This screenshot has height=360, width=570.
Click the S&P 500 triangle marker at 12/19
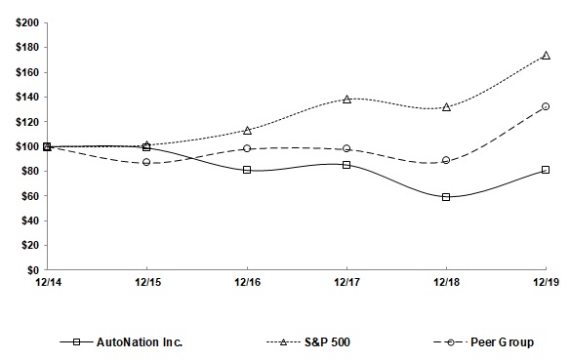click(546, 56)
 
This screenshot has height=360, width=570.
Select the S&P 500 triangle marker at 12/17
click(346, 100)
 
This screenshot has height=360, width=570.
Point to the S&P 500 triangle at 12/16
click(247, 130)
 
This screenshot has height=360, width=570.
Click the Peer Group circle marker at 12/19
click(546, 106)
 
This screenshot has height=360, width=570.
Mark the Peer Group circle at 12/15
click(147, 162)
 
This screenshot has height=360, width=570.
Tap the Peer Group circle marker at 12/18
click(446, 160)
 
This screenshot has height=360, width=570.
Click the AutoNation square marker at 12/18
click(446, 197)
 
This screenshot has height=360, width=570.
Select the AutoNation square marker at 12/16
click(247, 170)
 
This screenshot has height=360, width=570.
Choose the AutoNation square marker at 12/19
click(546, 170)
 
